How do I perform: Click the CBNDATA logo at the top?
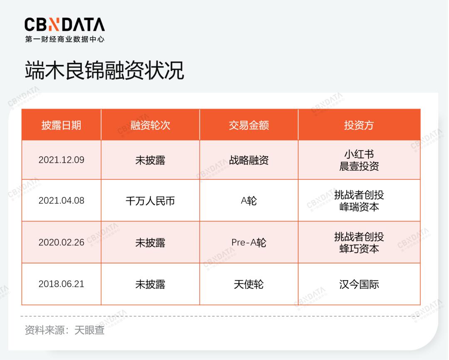coord(65,30)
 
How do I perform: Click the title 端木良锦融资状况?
coord(104,70)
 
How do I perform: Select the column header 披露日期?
coord(61,125)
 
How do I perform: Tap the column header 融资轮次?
coord(150,125)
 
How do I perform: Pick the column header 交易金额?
coord(249,125)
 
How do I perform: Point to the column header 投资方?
coord(359,125)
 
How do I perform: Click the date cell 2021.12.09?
coord(61,160)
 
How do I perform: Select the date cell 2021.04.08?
coord(61,200)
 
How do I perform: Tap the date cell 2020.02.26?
coord(61,242)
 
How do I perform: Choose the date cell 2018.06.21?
coord(61,284)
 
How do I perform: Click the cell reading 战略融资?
coord(249,160)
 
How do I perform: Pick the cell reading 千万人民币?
coord(150,201)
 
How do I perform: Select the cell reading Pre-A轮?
coord(249,243)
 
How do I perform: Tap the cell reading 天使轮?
coord(249,284)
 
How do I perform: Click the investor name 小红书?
coord(359,154)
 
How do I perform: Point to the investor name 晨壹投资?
coord(359,166)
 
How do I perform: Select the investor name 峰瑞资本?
coord(359,207)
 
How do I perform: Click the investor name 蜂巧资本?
coord(359,248)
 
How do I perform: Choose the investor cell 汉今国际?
coord(359,284)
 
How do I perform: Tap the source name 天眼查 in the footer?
coord(89,330)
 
